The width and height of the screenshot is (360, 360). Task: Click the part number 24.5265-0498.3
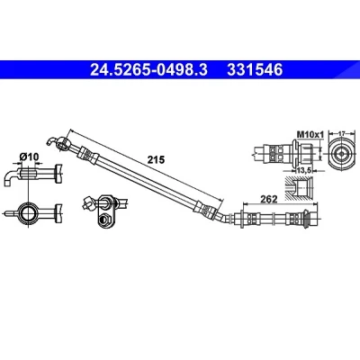click(148, 70)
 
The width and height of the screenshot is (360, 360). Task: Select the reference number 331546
click(255, 70)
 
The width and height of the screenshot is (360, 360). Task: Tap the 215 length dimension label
click(156, 160)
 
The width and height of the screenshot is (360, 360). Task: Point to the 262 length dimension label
click(268, 199)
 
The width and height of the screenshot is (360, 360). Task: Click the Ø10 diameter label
click(29, 157)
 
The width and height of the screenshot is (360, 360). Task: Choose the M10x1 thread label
click(310, 135)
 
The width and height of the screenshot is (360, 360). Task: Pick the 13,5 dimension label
click(304, 171)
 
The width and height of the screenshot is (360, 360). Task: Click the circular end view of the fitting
click(341, 153)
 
